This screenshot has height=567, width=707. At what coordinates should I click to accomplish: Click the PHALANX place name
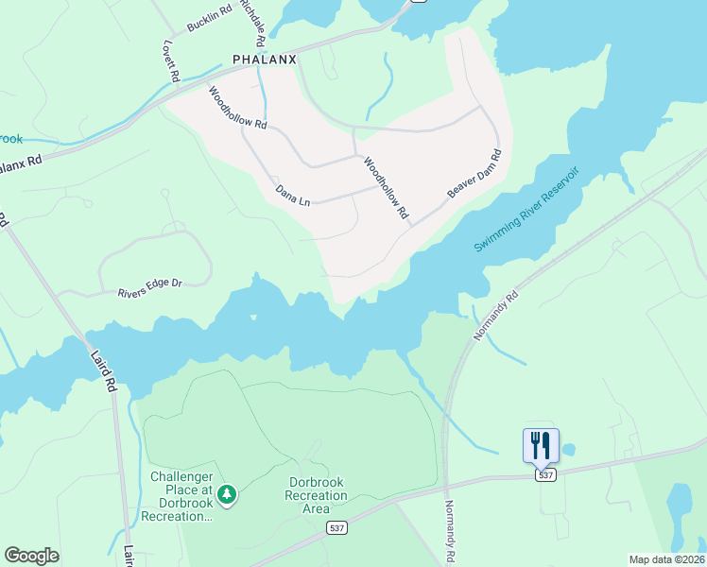pyautogui.click(x=265, y=59)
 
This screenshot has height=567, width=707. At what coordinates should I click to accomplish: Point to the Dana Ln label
pyautogui.click(x=292, y=195)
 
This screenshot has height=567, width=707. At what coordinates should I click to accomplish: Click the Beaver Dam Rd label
pyautogui.click(x=474, y=174)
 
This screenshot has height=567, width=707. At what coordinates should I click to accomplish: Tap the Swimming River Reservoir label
pyautogui.click(x=526, y=211)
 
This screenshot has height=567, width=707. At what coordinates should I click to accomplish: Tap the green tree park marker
pyautogui.click(x=226, y=493)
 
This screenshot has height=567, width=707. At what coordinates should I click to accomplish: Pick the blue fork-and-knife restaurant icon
pyautogui.click(x=541, y=445)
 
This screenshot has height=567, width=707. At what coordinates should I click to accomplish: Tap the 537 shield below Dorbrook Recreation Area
pyautogui.click(x=336, y=526)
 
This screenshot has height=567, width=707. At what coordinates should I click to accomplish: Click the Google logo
pyautogui.click(x=31, y=555)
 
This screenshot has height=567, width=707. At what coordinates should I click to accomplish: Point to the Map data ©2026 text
pyautogui.click(x=665, y=559)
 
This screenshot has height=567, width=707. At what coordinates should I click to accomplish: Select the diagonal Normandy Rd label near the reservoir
pyautogui.click(x=497, y=317)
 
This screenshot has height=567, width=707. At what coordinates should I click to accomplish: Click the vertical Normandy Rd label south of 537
pyautogui.click(x=450, y=532)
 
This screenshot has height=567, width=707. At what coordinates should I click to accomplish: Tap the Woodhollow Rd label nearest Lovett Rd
pyautogui.click(x=237, y=108)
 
